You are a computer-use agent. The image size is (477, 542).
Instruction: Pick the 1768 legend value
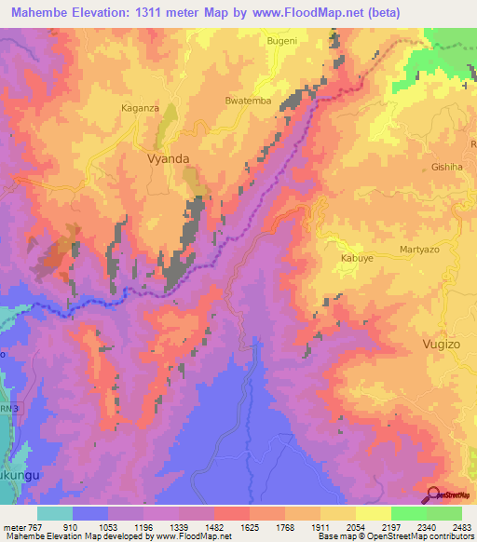tap(303, 526)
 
